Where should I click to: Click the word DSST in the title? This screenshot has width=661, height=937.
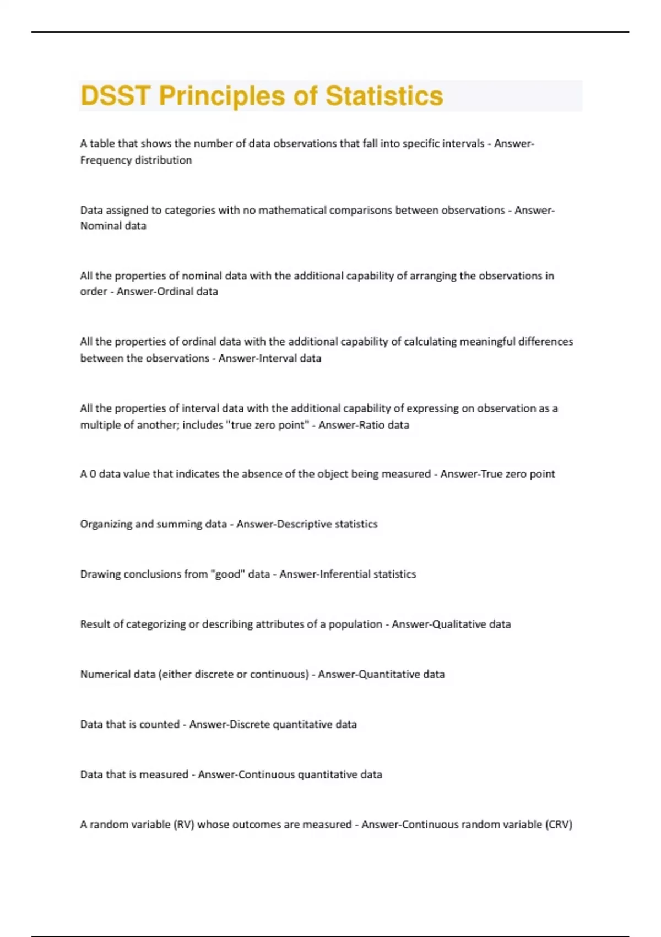pos(115,96)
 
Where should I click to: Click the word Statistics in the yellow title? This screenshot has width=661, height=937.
pos(384,96)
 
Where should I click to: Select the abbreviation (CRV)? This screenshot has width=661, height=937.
pos(559,825)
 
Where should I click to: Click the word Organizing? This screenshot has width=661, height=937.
pos(106,524)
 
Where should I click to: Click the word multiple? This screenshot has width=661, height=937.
pos(99,425)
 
